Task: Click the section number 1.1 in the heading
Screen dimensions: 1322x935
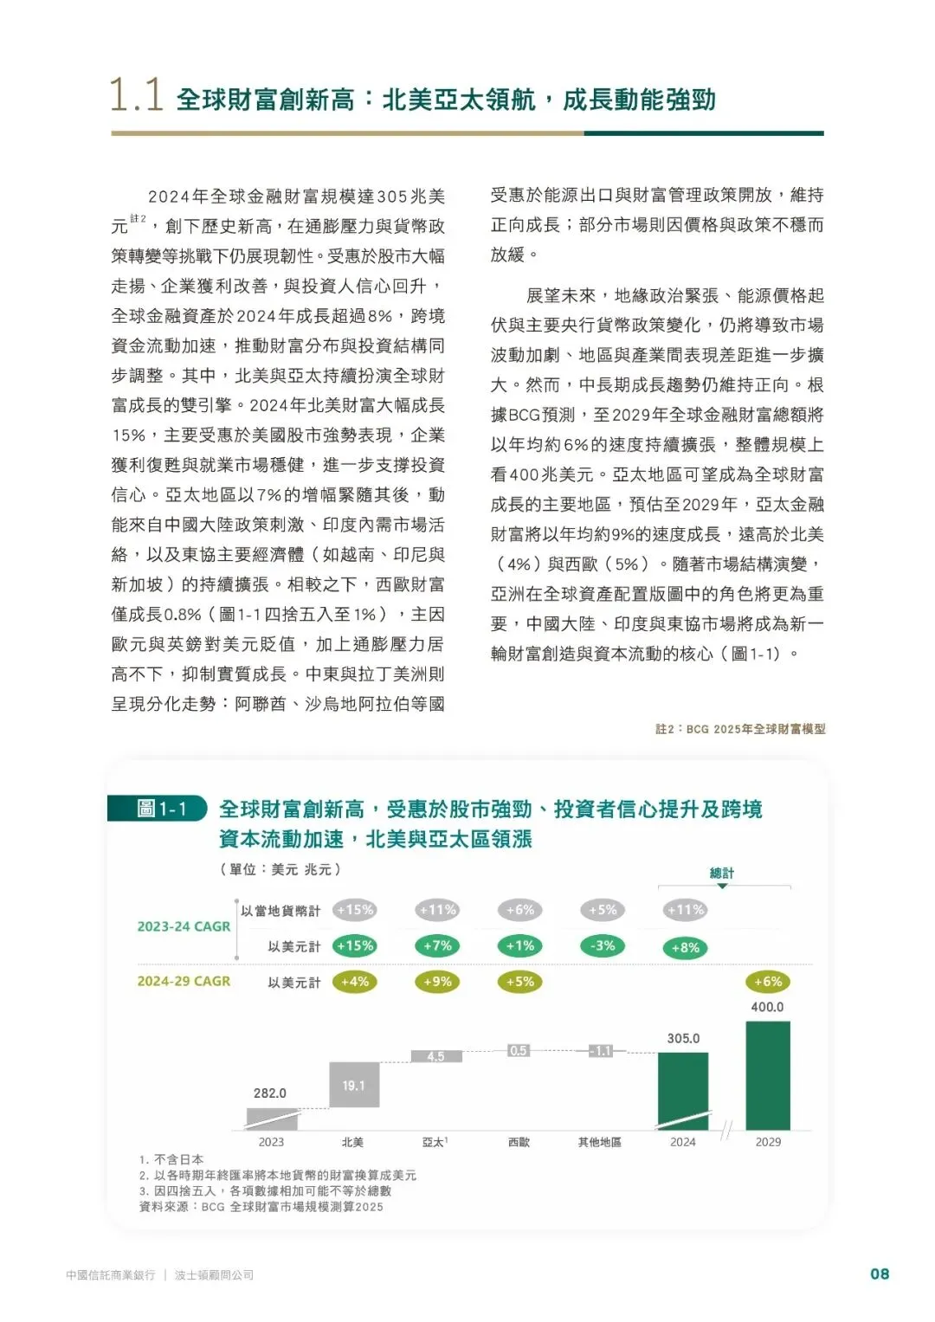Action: point(136,95)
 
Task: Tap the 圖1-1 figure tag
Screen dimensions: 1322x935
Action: point(161,809)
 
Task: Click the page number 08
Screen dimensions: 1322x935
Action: point(879,1274)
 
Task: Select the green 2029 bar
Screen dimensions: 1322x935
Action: point(768,1075)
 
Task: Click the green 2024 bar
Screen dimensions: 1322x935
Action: point(683,1091)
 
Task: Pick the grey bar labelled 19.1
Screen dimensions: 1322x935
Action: point(354,1085)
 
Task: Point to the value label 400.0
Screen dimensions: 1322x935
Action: point(767,1007)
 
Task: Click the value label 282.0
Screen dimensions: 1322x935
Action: point(270,1093)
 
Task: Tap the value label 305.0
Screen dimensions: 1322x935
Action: point(683,1038)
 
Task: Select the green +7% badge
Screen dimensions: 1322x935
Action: point(437,946)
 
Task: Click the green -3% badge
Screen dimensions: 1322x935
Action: point(603,946)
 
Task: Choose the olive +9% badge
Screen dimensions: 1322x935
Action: point(437,982)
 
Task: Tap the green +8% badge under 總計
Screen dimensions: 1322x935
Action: point(685,948)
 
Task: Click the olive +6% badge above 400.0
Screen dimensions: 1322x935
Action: point(768,982)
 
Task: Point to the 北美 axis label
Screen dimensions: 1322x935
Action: point(352,1142)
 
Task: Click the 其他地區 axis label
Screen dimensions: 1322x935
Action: point(599,1142)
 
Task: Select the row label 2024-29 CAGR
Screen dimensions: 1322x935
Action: point(184,981)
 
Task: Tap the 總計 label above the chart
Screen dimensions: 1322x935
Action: point(722,873)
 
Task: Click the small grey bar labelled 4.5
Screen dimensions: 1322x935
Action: point(435,1056)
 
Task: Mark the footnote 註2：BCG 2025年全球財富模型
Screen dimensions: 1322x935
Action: point(740,729)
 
